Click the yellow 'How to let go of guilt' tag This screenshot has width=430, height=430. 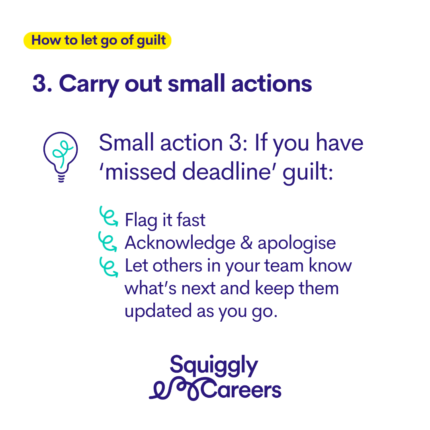pyautogui.click(x=98, y=41)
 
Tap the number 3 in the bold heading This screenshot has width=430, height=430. pyautogui.click(x=39, y=83)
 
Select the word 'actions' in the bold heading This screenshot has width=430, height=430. pyautogui.click(x=272, y=83)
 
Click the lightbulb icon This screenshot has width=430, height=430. pyautogui.click(x=61, y=157)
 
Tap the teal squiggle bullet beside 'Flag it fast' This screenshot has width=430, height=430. pyautogui.click(x=109, y=216)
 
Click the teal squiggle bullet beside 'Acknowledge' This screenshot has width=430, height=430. pyautogui.click(x=108, y=241)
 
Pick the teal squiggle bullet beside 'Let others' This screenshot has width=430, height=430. pyautogui.click(x=109, y=267)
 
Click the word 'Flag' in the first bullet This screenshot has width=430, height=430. pyautogui.click(x=141, y=220)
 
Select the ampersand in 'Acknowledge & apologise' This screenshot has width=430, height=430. pyautogui.click(x=246, y=242)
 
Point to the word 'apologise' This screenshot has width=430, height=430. pyautogui.click(x=297, y=244)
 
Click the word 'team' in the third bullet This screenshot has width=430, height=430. pyautogui.click(x=284, y=266)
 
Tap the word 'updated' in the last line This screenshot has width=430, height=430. pyautogui.click(x=158, y=311)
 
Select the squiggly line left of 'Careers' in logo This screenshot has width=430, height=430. pyautogui.click(x=176, y=389)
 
